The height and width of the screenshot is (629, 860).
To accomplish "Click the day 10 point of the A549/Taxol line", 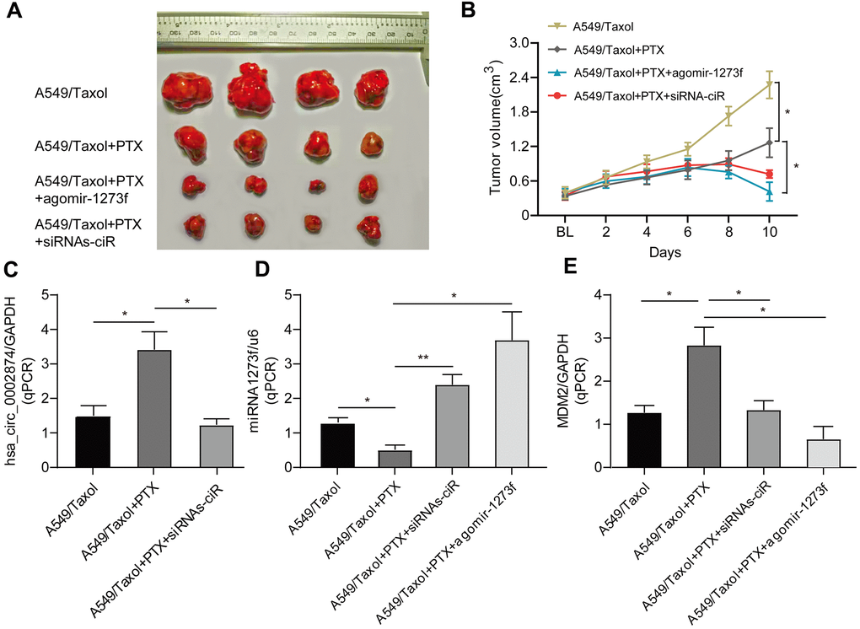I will pos(769,83).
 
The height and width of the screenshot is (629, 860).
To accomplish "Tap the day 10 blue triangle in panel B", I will pos(769,193).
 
